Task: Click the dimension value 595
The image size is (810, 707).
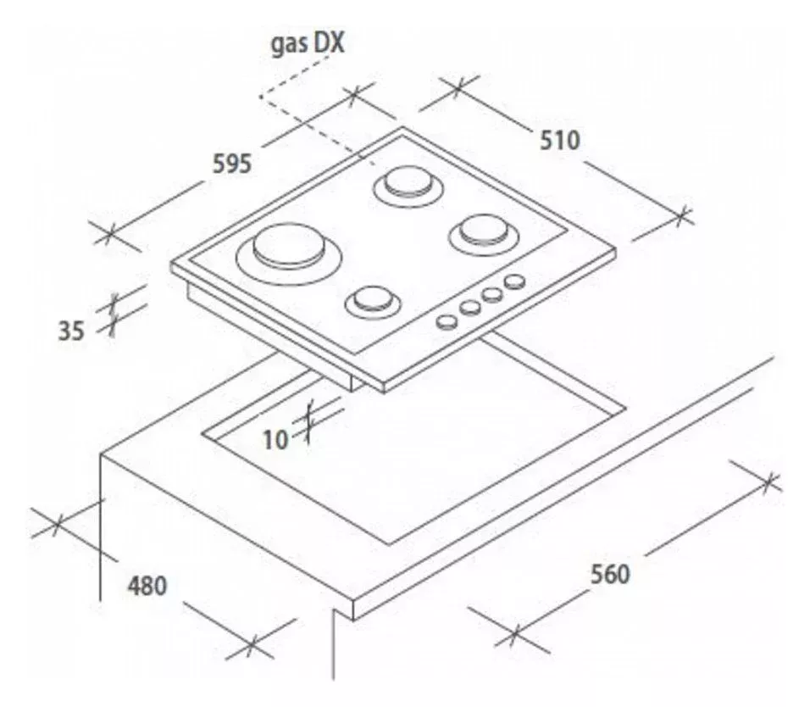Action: pos(232,164)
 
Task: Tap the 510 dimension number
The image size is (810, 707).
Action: pos(560,141)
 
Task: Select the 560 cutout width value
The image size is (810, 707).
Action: pos(610,575)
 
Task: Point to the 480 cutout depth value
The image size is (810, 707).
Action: pos(147,586)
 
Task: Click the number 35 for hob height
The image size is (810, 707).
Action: pos(71,331)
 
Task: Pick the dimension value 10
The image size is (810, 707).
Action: pos(275,440)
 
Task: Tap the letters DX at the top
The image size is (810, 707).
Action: pos(329,43)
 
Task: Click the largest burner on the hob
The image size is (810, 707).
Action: pos(289,253)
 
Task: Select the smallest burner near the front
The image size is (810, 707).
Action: pos(373,303)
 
